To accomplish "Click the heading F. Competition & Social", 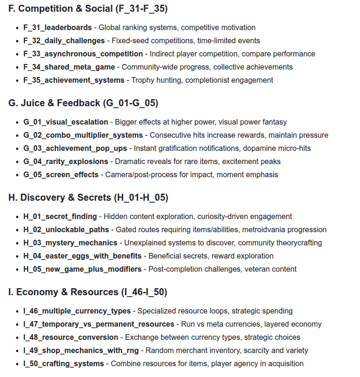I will (88, 8).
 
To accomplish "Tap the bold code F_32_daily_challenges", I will (64, 41).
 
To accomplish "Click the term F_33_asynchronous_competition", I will (83, 54).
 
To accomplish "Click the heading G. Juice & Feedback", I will (83, 103).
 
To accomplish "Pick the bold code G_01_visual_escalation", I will (65, 122).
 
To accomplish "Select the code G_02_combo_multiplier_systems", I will (83, 135).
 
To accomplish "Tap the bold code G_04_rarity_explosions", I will (66, 162).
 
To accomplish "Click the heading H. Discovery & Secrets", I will (88, 197).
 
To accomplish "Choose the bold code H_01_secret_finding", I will (60, 217).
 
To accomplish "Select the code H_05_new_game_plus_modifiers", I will (82, 269).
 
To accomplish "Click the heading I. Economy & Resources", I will (88, 292).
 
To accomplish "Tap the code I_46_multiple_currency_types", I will (77, 311).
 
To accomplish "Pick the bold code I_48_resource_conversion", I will (71, 338).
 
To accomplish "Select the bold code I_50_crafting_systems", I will (64, 364).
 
